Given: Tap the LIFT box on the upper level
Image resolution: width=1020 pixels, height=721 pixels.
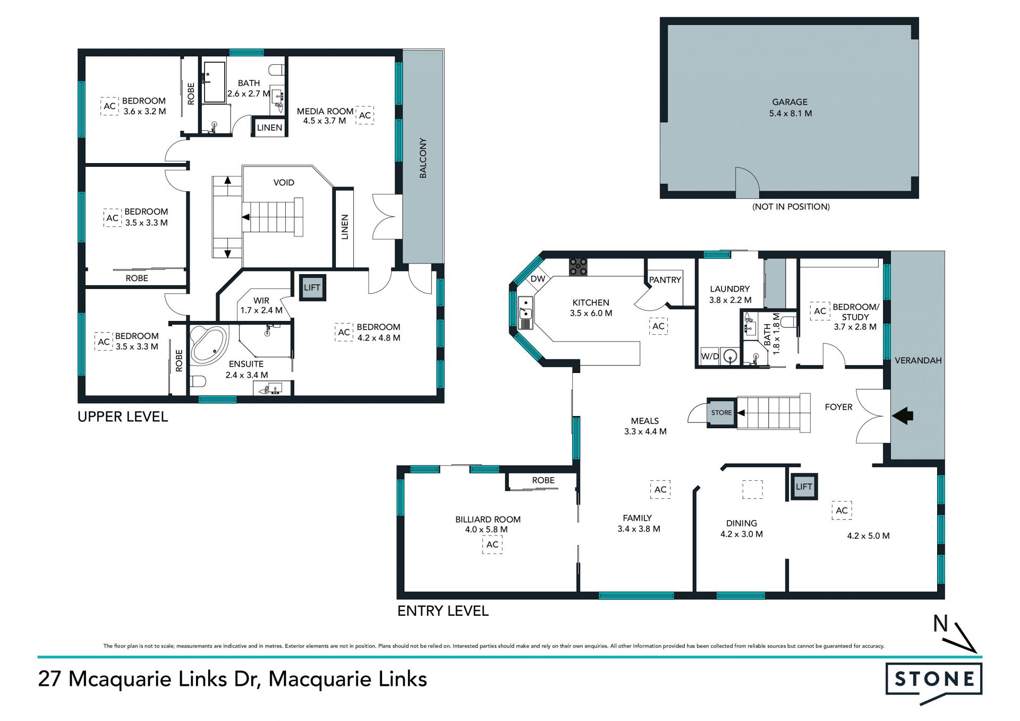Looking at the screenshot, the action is pyautogui.click(x=312, y=288).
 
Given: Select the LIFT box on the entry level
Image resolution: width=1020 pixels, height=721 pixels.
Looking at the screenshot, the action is pyautogui.click(x=804, y=487).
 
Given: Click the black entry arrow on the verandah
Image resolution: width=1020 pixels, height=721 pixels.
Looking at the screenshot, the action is pyautogui.click(x=903, y=415).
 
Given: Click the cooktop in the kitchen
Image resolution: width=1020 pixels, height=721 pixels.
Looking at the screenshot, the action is pyautogui.click(x=578, y=267).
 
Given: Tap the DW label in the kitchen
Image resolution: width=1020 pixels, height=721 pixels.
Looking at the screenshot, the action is pyautogui.click(x=538, y=279).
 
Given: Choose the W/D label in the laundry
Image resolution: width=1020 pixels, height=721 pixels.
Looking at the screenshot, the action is pyautogui.click(x=710, y=357).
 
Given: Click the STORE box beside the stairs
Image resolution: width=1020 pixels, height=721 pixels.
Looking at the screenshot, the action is pyautogui.click(x=721, y=413).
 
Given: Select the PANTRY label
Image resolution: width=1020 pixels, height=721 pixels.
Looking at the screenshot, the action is pyautogui.click(x=665, y=280).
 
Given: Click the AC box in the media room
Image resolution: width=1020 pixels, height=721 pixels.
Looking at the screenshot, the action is pyautogui.click(x=364, y=115).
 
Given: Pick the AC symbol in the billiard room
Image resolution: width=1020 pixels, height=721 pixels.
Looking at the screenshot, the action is pyautogui.click(x=492, y=545).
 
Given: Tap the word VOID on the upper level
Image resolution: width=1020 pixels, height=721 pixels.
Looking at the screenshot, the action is pyautogui.click(x=284, y=183).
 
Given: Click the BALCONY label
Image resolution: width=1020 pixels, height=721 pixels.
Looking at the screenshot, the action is pyautogui.click(x=423, y=158).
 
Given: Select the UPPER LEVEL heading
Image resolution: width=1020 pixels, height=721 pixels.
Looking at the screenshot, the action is pyautogui.click(x=123, y=417).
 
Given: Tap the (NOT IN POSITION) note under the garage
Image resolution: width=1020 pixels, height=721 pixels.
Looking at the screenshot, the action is pyautogui.click(x=790, y=207).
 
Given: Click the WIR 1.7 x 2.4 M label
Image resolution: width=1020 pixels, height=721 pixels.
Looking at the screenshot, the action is pyautogui.click(x=261, y=306).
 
